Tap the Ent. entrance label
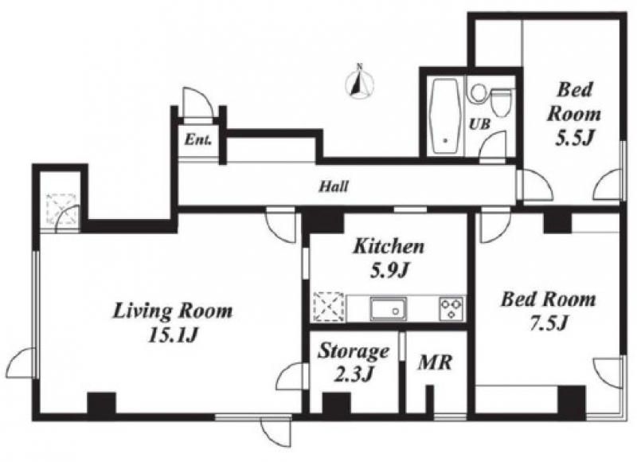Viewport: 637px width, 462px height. coord(197,140)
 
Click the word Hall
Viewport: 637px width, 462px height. coord(334,186)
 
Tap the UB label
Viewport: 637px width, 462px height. coord(480,124)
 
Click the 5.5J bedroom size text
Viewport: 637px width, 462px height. coord(575,139)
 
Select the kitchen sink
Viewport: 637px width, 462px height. coord(388,309)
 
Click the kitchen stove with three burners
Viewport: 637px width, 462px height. coord(451,309)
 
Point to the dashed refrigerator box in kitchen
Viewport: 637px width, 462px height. coord(329,307)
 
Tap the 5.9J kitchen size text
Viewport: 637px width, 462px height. coord(389,271)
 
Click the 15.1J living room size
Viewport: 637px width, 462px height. coord(173,335)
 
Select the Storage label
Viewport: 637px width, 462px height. coord(354,351)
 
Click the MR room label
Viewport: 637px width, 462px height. coord(435,362)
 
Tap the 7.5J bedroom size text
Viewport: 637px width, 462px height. coord(549,323)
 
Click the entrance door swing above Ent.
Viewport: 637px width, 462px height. coord(197,104)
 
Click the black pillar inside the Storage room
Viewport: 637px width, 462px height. coord(336,403)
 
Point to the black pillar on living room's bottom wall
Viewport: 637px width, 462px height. coord(102,403)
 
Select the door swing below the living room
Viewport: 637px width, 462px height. coord(276,433)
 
